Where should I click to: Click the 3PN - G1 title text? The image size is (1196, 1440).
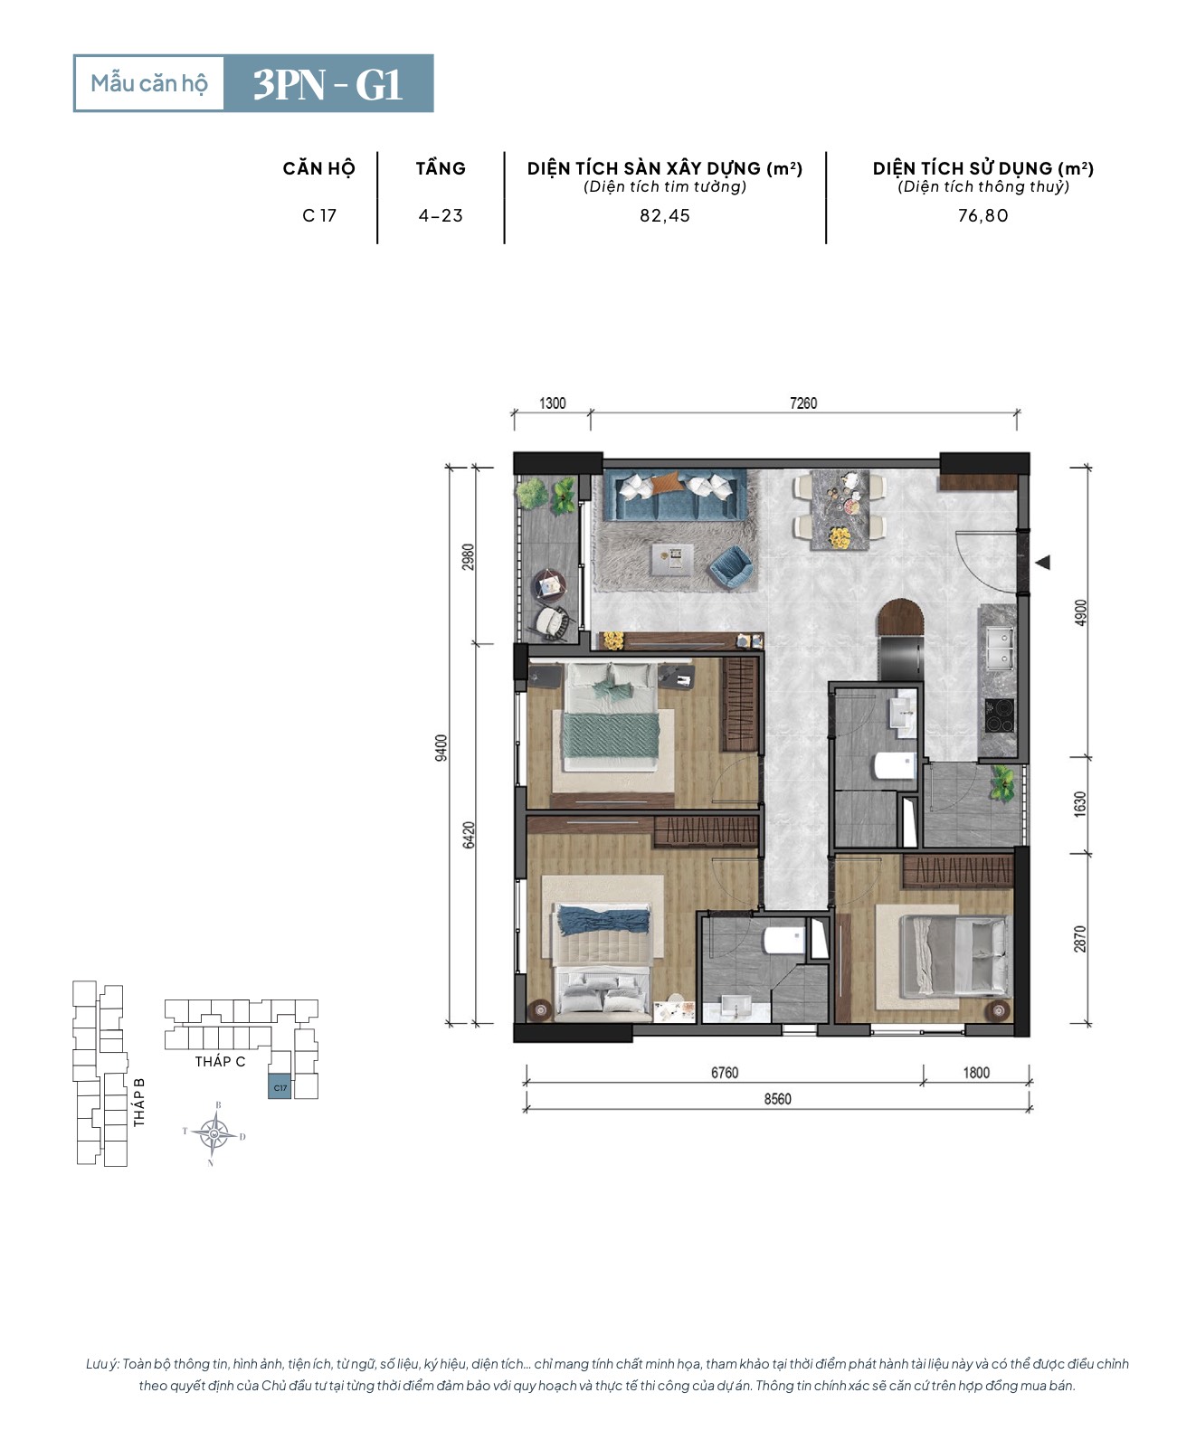pos(327,85)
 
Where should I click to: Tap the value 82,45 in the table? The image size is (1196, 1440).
pos(664,216)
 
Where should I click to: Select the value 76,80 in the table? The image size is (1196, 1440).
pos(982,216)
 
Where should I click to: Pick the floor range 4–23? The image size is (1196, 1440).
pos(440,216)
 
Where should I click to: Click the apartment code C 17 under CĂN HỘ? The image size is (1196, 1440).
pos(318,216)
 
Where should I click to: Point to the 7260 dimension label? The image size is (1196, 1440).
pos(802,403)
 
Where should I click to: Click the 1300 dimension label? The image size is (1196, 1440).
pos(552,403)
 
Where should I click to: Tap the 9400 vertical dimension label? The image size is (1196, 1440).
pos(441,747)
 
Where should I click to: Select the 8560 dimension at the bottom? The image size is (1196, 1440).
pos(777,1099)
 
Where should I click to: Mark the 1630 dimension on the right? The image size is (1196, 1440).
pos(1079,804)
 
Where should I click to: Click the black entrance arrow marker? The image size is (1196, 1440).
pos(1042,562)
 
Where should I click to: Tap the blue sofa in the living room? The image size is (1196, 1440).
pos(675,495)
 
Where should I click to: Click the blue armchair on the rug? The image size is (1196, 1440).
pos(731,567)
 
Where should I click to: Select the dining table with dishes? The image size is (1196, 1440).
pos(840,509)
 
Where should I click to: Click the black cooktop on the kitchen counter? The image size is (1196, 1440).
pos(1000,715)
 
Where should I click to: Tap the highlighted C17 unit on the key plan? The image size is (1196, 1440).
pos(280,1086)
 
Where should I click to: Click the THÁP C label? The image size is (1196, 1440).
pos(220,1061)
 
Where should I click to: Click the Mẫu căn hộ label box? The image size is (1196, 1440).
pos(149,83)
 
